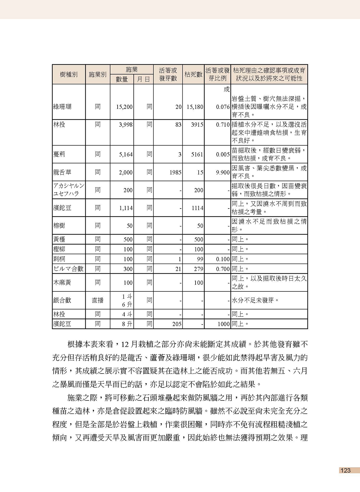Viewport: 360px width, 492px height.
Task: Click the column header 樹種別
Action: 69,75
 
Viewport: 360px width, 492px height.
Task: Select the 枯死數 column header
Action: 193,75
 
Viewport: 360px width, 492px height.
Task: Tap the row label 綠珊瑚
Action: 62,107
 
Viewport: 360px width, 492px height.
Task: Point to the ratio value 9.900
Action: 222,172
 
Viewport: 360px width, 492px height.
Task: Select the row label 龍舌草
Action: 62,172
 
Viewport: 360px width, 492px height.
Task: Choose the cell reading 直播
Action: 97,300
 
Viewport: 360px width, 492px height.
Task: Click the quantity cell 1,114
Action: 126,208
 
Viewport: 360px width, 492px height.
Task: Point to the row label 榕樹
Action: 59,225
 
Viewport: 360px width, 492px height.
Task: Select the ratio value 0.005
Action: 222,154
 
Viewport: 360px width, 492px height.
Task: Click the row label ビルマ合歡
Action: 68,269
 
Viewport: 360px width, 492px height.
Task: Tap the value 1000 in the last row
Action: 223,324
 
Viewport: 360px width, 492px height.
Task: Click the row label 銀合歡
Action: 62,300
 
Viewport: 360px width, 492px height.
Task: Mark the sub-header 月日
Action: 143,79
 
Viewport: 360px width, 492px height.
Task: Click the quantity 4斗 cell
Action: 127,314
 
